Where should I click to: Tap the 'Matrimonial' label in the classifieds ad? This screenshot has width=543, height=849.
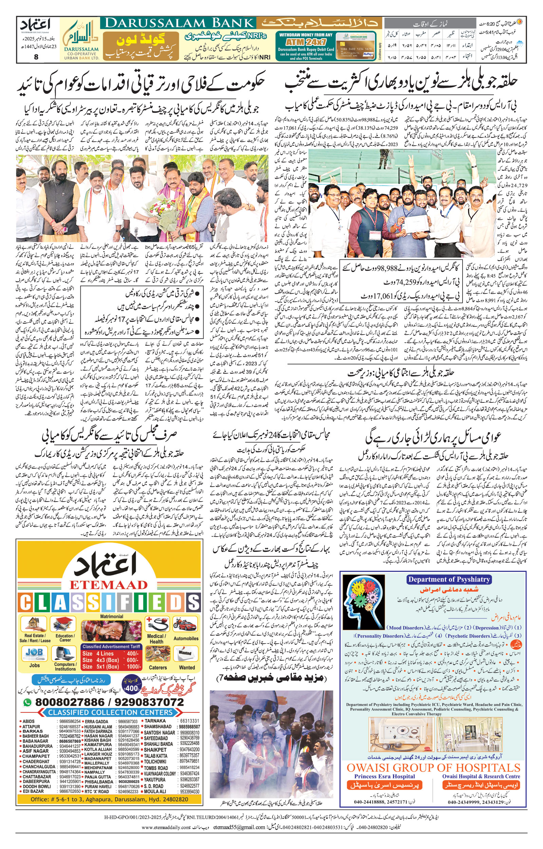click(x=111, y=616)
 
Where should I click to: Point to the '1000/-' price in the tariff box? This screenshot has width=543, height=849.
click(x=133, y=667)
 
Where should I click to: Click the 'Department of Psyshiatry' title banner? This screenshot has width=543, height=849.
click(x=449, y=579)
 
